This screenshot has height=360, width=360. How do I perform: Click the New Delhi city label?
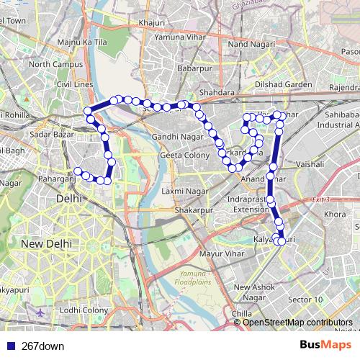tap(46, 244)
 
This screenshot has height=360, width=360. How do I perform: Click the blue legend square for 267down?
tap(10, 346)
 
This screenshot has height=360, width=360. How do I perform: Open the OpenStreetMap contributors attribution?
tap(297, 323)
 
